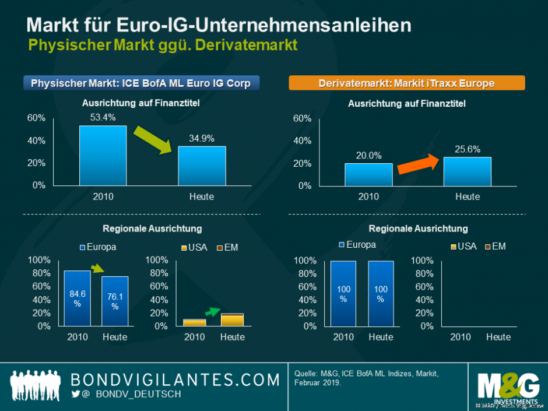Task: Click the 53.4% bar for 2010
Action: coord(103,156)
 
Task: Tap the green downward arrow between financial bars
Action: coord(153,139)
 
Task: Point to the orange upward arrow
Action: coord(417,164)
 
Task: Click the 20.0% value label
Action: coord(368,156)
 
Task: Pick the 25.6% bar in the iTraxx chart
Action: coord(467,171)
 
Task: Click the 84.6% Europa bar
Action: coord(77,298)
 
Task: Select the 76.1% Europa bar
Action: coord(115,301)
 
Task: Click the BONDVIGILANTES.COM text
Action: coord(175,380)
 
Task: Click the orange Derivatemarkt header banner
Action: coord(407,83)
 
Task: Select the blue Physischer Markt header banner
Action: coord(140,83)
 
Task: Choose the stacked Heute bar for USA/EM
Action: coord(232,319)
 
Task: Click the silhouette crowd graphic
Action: coord(36,385)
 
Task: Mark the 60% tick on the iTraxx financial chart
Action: coord(302,118)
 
